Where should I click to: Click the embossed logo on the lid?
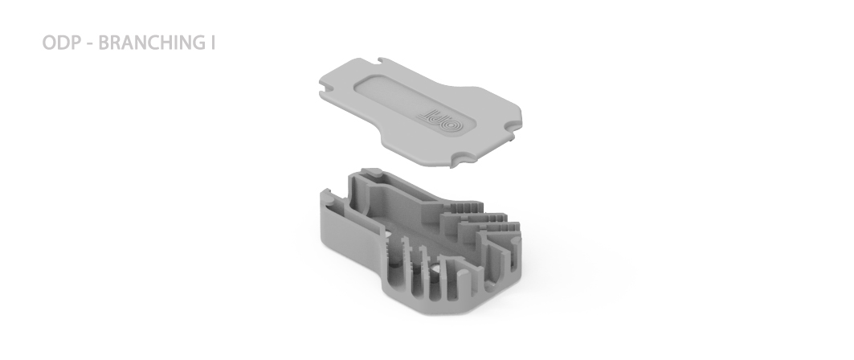[x=440, y=121]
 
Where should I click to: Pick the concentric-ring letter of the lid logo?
[x=451, y=124]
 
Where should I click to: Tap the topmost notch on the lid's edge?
[x=385, y=61]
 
